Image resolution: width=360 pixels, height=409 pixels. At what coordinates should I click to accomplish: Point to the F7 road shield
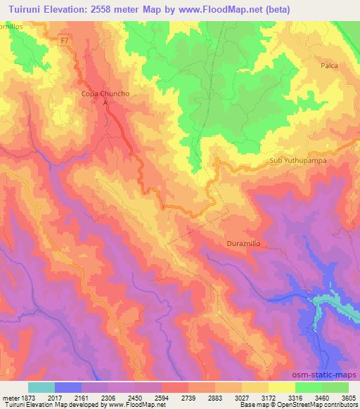point(65,41)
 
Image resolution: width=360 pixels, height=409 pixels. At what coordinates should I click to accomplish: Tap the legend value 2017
point(55,397)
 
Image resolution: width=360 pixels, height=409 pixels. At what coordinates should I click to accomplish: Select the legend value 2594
point(162,397)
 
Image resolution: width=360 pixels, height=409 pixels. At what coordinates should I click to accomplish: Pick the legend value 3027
point(242,397)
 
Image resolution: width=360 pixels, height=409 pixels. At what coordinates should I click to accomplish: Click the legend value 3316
point(295,397)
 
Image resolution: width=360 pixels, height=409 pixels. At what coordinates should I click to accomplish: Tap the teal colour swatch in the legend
point(41,387)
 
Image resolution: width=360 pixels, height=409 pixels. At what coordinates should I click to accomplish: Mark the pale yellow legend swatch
point(282,387)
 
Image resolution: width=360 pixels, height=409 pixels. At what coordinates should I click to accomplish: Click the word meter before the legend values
point(9,397)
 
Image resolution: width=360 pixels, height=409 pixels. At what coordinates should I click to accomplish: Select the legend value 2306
point(108,397)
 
